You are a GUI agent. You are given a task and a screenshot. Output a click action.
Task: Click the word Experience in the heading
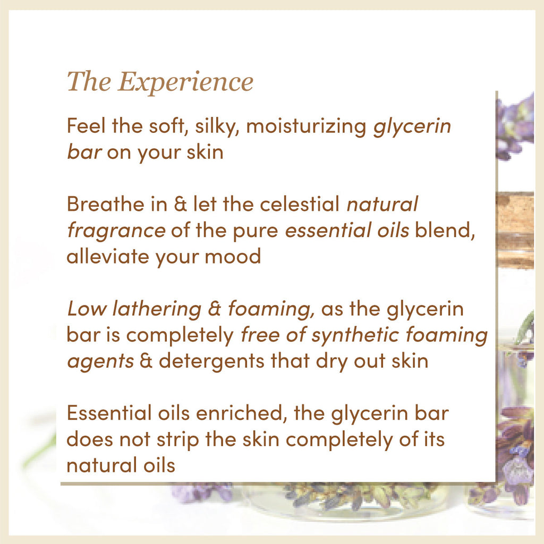tap(185, 82)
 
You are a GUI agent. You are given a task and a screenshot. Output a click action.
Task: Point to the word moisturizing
tap(307, 127)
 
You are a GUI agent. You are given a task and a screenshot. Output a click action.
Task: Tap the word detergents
tap(210, 361)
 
